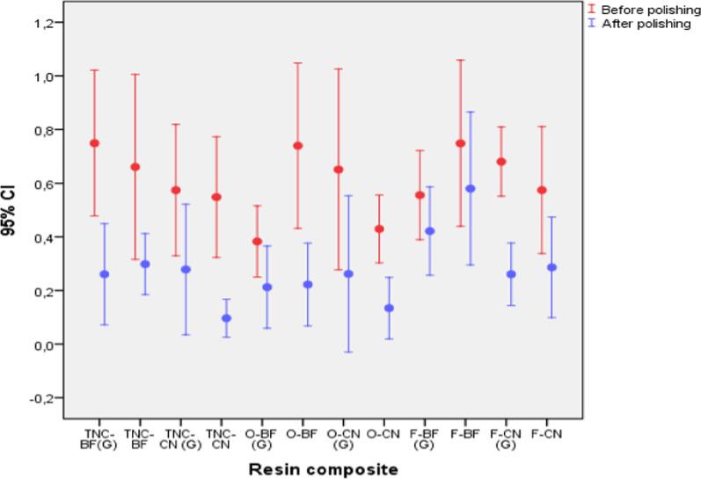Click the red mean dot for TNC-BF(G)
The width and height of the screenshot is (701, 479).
point(94,143)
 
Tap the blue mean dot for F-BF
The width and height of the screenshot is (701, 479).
point(471,189)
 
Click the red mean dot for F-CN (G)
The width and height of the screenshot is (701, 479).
point(501,162)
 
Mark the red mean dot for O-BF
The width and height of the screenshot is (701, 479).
point(298,146)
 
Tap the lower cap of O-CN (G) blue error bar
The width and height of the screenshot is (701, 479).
point(349,352)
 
